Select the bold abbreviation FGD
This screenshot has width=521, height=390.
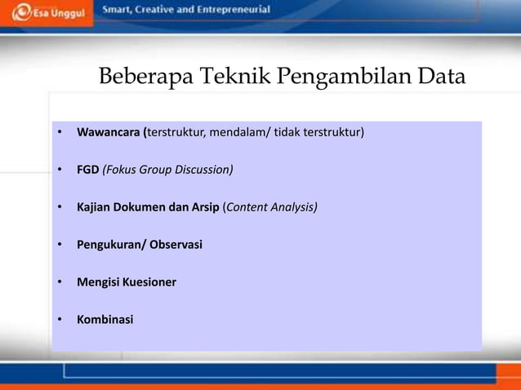point(88,170)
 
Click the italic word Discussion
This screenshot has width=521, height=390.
point(203,170)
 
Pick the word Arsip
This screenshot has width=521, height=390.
point(205,207)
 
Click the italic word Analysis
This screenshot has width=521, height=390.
point(293,207)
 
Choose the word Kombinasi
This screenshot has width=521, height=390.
point(105,320)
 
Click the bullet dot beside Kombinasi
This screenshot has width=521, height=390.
point(59,320)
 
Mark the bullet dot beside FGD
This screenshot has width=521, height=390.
point(59,170)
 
